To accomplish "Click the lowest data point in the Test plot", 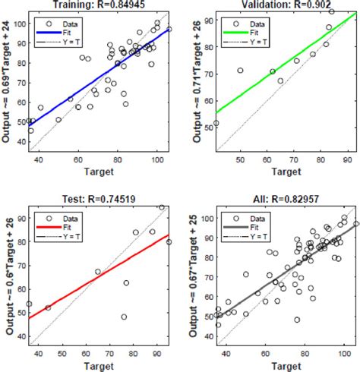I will [124, 317].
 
